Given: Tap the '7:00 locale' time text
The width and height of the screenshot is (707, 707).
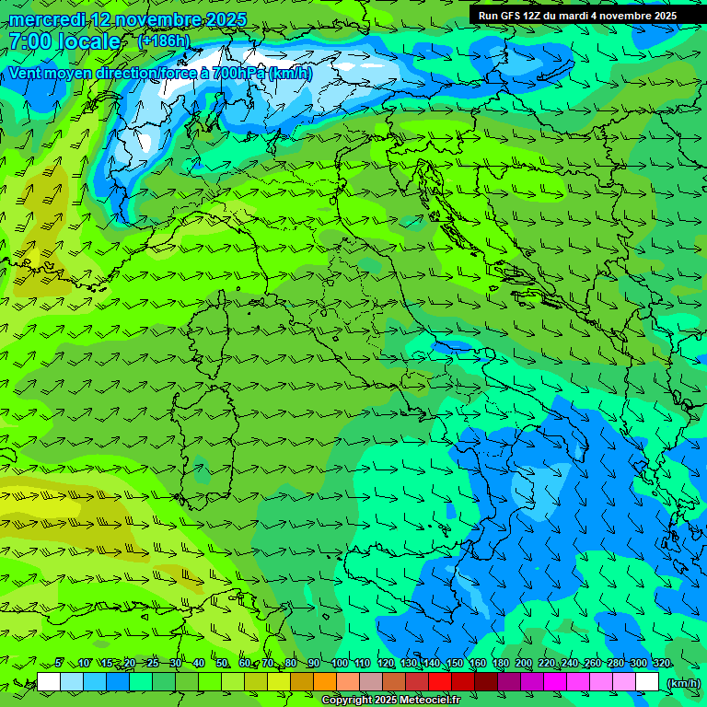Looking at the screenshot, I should pos(64,41).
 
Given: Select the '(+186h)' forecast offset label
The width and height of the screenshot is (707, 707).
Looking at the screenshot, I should pos(164,41).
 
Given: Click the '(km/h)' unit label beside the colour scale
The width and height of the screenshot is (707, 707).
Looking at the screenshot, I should pos(682,682).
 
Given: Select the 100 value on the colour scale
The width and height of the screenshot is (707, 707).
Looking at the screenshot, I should pos(339,663).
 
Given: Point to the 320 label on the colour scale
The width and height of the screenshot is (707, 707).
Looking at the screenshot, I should pos(661,663).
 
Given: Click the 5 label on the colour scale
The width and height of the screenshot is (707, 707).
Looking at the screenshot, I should pos(59,663).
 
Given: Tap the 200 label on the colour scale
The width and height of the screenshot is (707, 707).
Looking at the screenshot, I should pos(523,663).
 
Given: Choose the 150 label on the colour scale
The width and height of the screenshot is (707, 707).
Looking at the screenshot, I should pos(454,663).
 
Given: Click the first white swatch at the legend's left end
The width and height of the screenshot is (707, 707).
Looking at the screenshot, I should pos(49,682).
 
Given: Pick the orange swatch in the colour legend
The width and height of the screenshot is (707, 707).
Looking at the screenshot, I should pos(325,682).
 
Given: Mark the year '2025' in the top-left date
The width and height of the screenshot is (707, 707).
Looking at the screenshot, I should pos(226,19).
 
